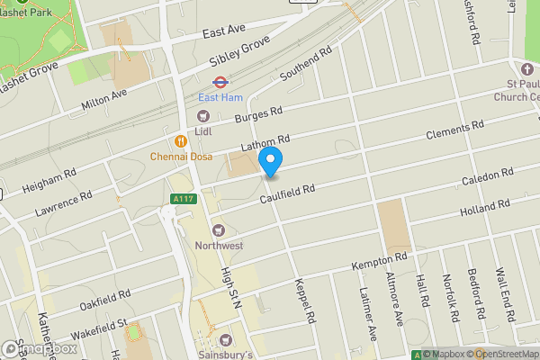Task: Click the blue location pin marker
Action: (x=271, y=160)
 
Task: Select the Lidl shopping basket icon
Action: (x=203, y=114)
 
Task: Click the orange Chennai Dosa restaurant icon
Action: (x=181, y=140)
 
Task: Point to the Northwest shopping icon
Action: (x=217, y=230)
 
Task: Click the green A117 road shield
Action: (x=183, y=199)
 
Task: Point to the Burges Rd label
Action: (x=258, y=116)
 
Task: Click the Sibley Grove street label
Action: (x=240, y=51)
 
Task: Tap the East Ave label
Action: (x=224, y=31)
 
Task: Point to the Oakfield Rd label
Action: (x=105, y=299)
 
